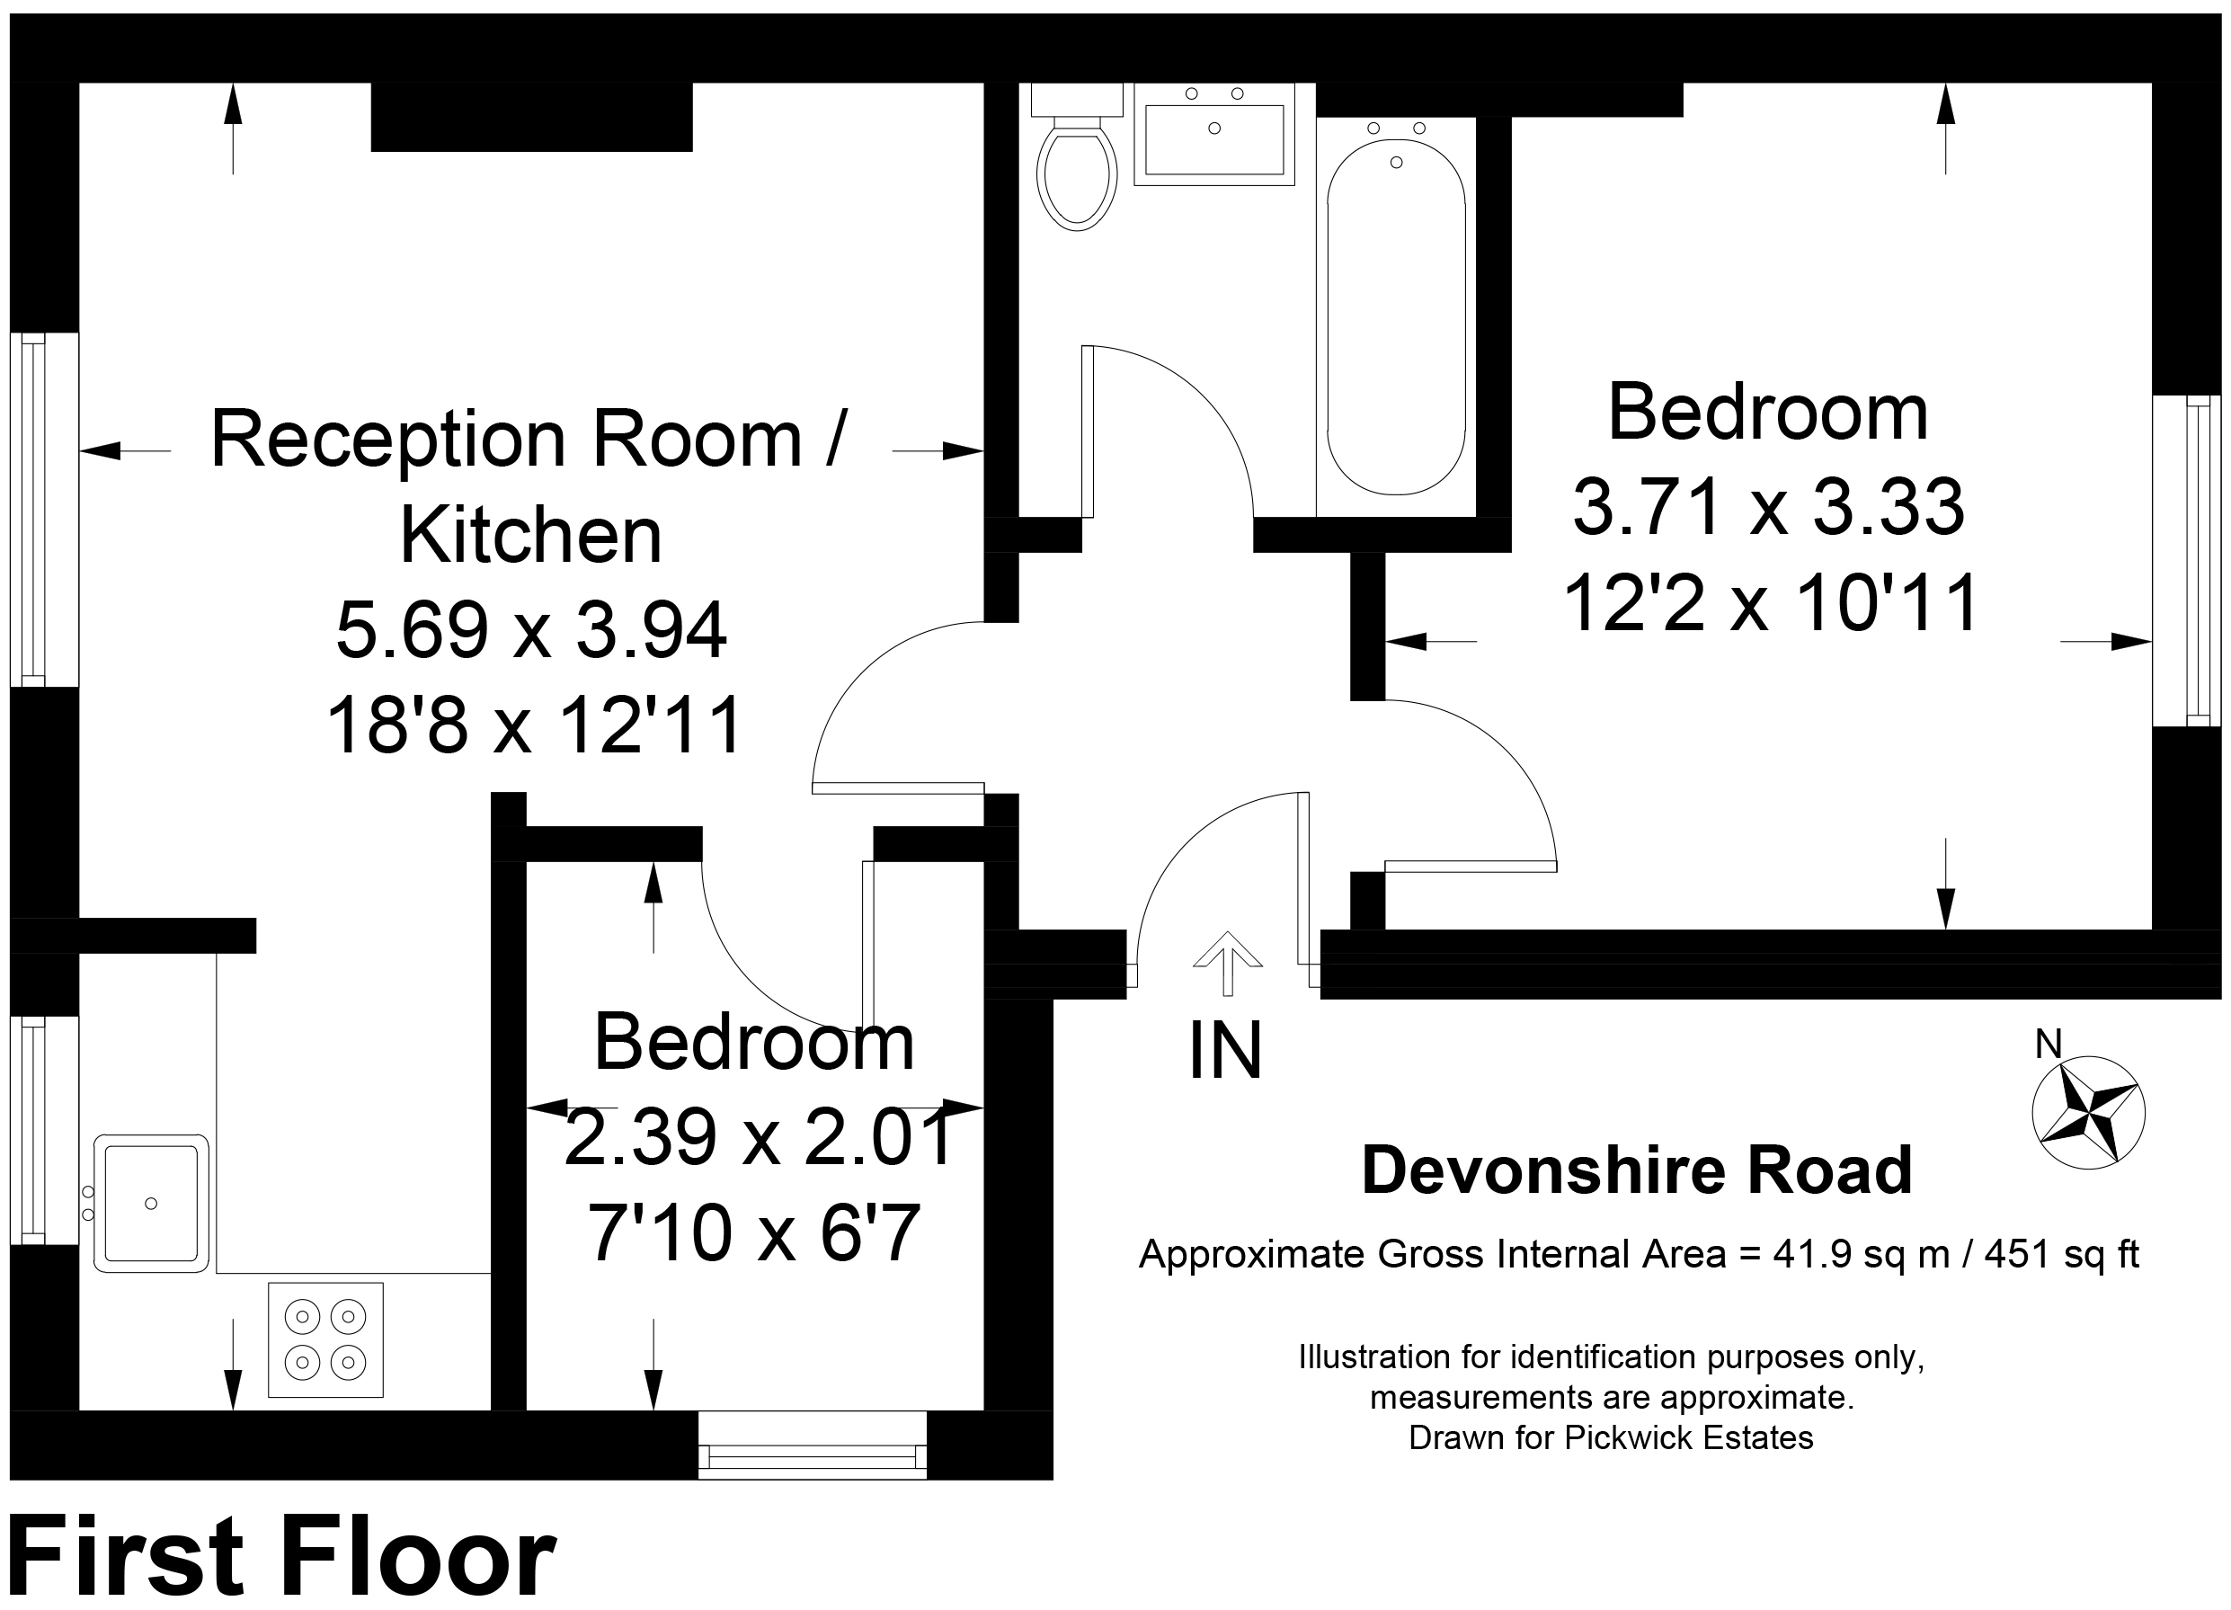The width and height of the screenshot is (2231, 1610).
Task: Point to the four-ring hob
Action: click(x=325, y=1339)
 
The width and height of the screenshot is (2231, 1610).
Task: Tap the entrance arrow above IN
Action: click(x=1227, y=964)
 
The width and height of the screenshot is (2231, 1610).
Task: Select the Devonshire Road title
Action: click(x=1637, y=1170)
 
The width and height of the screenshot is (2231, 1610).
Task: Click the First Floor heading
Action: click(x=282, y=1557)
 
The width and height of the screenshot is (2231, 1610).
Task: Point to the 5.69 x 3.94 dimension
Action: click(x=531, y=629)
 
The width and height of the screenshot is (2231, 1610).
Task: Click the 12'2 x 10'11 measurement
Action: click(x=1771, y=603)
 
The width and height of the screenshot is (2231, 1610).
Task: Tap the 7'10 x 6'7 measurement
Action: click(x=754, y=1232)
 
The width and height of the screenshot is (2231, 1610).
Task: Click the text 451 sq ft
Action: click(x=2062, y=1255)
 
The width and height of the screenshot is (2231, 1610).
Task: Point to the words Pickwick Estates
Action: click(x=1689, y=1438)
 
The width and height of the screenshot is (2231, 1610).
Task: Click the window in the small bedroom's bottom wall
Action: click(x=813, y=1445)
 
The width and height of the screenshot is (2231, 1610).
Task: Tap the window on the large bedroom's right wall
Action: click(x=2187, y=561)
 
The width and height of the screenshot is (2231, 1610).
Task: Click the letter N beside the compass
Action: click(x=2048, y=1045)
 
